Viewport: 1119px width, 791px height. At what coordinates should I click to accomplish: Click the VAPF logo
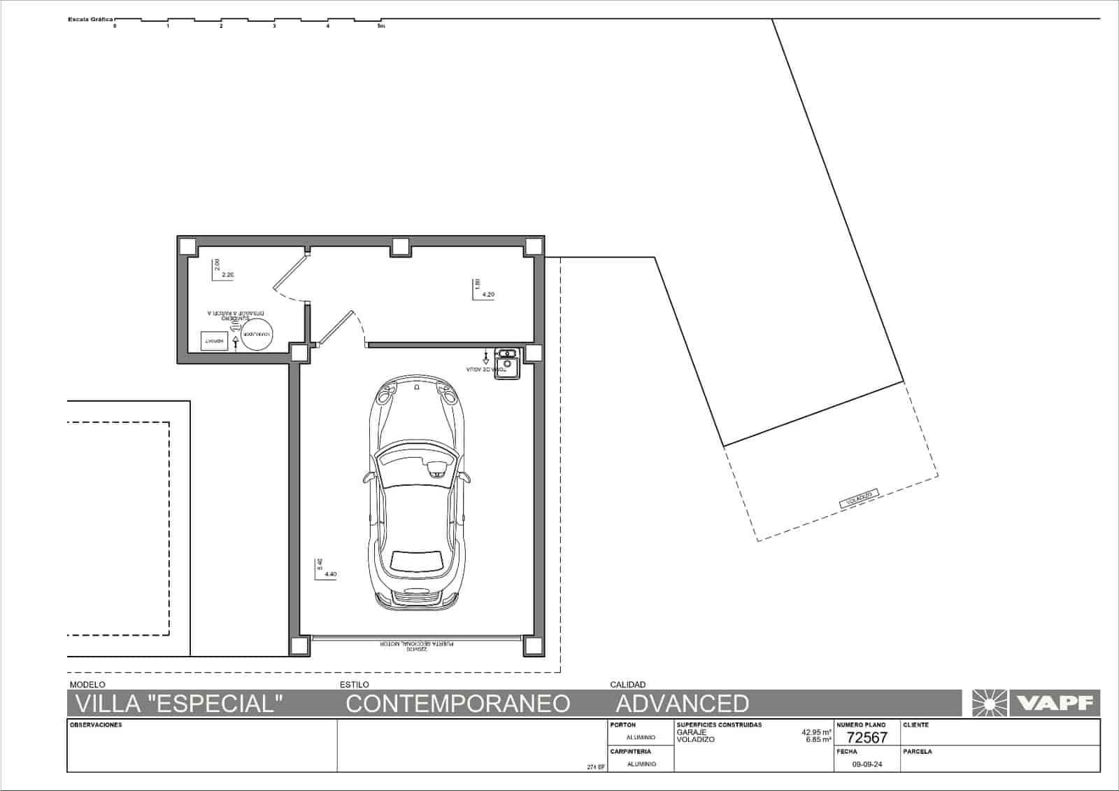coord(1035,703)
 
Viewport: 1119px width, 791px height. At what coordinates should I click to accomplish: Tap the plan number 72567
coord(867,737)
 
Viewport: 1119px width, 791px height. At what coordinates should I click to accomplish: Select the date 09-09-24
coord(867,764)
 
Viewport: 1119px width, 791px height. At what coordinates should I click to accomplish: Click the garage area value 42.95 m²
coord(816,732)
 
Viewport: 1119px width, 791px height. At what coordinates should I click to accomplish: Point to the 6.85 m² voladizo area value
coord(818,739)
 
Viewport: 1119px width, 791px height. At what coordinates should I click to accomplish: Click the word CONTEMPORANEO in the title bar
coord(457,703)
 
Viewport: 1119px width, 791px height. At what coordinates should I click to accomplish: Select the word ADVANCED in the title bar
coord(682,703)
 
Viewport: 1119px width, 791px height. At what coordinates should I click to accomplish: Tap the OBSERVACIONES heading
coord(96,725)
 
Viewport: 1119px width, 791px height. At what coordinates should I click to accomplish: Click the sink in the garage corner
coord(506,364)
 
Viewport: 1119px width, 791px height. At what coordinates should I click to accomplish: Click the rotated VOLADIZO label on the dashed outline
coord(859,498)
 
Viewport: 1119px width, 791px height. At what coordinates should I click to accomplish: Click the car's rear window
coord(418,561)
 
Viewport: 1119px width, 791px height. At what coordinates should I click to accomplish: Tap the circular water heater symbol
coord(255,335)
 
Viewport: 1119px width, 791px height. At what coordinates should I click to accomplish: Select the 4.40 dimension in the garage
coord(330,575)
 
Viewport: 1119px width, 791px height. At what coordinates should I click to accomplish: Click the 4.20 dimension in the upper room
coord(488,295)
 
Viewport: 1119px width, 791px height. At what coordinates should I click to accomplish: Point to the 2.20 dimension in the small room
coord(227,275)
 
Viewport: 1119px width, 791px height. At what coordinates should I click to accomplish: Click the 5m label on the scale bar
coord(380,27)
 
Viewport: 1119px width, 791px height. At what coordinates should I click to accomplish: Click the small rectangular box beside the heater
coord(213,340)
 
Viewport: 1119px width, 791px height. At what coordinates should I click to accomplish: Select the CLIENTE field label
coord(915,725)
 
